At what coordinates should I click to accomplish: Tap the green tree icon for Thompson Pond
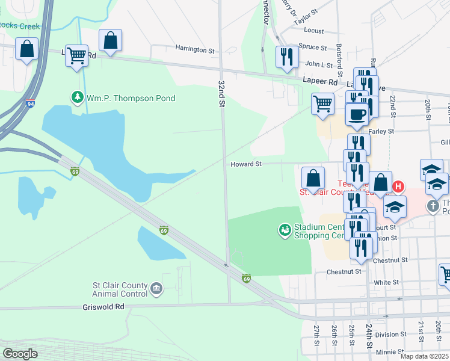pyautogui.click(x=77, y=97)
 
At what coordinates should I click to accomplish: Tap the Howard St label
pyautogui.click(x=246, y=164)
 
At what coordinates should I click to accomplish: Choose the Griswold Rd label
pyautogui.click(x=103, y=306)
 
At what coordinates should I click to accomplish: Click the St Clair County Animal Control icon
pyautogui.click(x=156, y=289)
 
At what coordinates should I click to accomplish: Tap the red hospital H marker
pyautogui.click(x=398, y=187)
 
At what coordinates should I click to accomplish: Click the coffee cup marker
pyautogui.click(x=357, y=114)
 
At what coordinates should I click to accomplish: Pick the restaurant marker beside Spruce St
pyautogui.click(x=287, y=56)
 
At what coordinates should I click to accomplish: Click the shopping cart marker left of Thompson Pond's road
pyautogui.click(x=76, y=55)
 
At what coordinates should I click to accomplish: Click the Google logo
pyautogui.click(x=20, y=353)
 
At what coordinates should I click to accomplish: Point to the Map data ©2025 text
pyautogui.click(x=424, y=356)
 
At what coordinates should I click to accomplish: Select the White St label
pyautogui.click(x=386, y=282)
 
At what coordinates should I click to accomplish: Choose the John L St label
pyautogui.click(x=319, y=64)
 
